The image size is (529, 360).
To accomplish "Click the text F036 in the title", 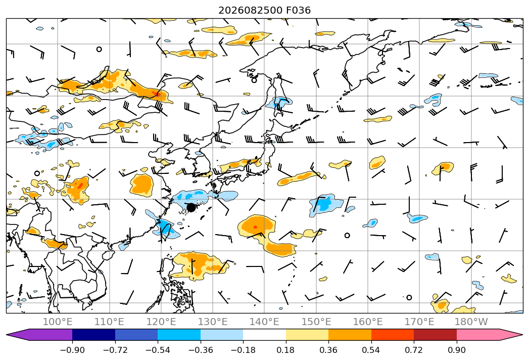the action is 298,10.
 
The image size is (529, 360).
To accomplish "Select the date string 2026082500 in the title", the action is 250,10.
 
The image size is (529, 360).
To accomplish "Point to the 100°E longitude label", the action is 58,322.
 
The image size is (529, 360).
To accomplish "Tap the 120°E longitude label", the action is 161,322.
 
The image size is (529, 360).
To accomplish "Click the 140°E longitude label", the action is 265,322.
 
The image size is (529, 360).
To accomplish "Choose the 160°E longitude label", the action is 368,322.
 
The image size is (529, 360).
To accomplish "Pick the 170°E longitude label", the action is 419,322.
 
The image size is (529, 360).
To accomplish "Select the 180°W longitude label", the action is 471,322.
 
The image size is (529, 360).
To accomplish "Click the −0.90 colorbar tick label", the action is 72,350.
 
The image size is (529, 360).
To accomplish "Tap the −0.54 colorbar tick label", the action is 158,350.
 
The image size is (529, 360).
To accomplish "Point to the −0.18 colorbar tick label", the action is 243,350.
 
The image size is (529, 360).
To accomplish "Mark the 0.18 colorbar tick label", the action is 286,350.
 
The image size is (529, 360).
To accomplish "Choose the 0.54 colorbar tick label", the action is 371,350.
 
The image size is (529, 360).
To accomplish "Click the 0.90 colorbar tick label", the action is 456,350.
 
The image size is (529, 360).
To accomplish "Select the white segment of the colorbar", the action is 265,334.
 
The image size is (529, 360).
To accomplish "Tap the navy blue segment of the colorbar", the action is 94,334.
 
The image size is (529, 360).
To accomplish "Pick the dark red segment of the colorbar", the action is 435,334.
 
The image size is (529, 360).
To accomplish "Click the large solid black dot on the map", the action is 191,207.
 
